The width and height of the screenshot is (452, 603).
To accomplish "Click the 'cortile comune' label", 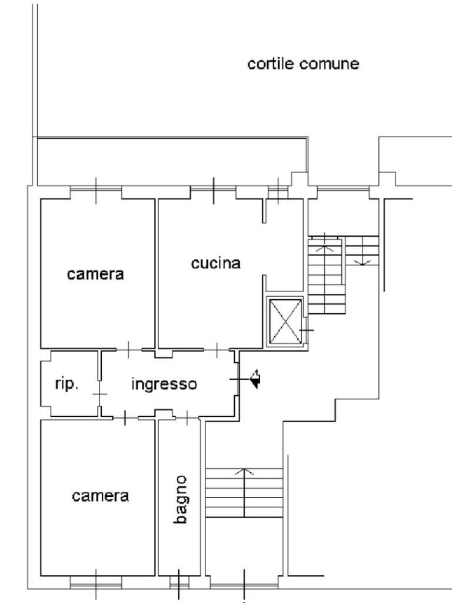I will pos(303,64).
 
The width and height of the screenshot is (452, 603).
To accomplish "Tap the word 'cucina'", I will pos(216,263).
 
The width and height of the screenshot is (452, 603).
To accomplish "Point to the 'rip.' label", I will pos(67,385).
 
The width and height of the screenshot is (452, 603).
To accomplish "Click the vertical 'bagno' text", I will pos(181,500).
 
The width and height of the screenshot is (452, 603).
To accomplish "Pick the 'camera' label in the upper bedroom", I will pos(95,274).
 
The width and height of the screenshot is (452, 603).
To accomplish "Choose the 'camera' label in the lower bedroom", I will pos(100,496).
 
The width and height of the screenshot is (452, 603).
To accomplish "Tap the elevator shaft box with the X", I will pos(285,321).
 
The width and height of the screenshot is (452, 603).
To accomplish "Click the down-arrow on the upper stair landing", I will pos(362,261).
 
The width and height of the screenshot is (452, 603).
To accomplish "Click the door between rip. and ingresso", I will pos(100,393).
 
